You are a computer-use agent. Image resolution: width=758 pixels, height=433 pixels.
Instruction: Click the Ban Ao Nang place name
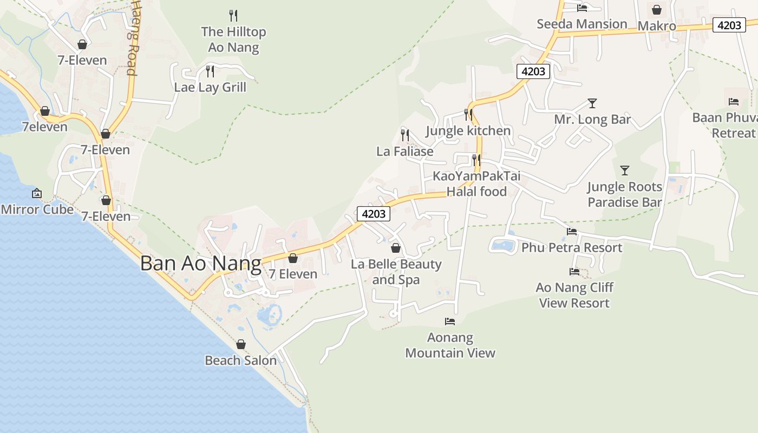click(200, 264)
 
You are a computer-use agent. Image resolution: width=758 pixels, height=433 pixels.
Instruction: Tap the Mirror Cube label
click(37, 209)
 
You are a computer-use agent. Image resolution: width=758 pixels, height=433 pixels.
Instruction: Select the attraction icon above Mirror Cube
click(37, 193)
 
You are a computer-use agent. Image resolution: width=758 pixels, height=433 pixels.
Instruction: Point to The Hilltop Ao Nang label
click(233, 40)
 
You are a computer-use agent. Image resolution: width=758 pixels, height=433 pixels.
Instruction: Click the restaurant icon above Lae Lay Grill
click(210, 71)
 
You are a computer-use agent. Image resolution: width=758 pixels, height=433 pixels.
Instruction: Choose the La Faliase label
click(404, 152)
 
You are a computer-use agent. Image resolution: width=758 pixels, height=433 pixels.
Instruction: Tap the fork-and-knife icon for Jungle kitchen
click(468, 115)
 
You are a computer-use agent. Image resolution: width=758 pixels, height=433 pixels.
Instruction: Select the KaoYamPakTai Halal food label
click(476, 184)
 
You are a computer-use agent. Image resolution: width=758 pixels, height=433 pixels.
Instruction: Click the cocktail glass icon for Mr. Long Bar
click(592, 103)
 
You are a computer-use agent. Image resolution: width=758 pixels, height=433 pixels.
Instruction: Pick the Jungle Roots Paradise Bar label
click(625, 194)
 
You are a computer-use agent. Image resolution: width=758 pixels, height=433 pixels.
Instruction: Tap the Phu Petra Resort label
click(572, 248)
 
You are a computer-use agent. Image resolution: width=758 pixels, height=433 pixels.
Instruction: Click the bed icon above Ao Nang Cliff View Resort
click(574, 271)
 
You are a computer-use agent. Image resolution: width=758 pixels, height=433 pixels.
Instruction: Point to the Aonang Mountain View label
click(450, 345)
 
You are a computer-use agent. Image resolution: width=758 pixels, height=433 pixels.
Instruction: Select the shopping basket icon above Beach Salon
click(241, 344)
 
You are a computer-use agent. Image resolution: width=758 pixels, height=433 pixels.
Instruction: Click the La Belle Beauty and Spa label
click(396, 272)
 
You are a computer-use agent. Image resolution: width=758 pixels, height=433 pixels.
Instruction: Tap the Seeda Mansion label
click(581, 24)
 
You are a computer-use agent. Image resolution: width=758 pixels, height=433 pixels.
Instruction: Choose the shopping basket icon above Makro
click(657, 10)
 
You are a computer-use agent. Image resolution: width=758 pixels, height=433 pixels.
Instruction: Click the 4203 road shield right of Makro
click(729, 25)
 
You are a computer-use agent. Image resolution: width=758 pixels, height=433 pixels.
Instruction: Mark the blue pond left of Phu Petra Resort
click(503, 246)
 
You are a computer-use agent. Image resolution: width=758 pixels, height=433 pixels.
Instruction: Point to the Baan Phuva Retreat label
click(726, 125)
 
